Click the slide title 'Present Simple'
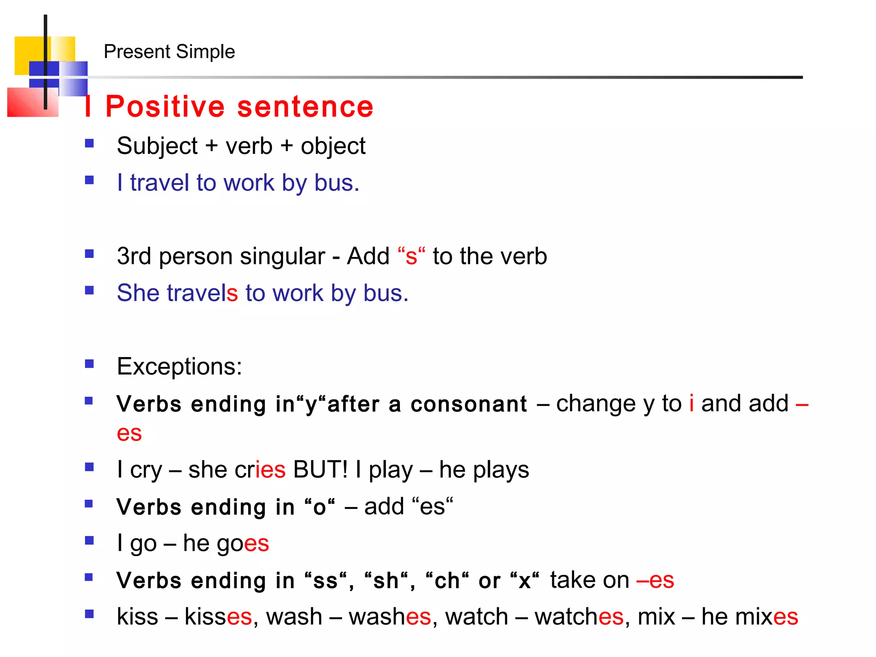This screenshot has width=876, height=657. pyautogui.click(x=169, y=52)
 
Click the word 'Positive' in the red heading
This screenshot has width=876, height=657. pyautogui.click(x=165, y=107)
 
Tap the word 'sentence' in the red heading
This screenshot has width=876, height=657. pyautogui.click(x=305, y=107)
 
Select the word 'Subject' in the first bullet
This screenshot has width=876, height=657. pyautogui.click(x=157, y=146)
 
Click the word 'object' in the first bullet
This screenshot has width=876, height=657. pyautogui.click(x=333, y=146)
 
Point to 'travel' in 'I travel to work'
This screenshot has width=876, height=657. pyautogui.click(x=159, y=183)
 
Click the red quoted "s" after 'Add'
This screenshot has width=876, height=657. pyautogui.click(x=411, y=256)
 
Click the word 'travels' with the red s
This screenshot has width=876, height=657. pyautogui.click(x=202, y=293)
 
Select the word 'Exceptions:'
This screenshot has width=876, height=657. pyautogui.click(x=179, y=367)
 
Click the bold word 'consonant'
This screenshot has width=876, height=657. pyautogui.click(x=469, y=404)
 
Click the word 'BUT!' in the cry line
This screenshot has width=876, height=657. pyautogui.click(x=320, y=470)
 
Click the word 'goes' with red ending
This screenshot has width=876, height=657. pyautogui.click(x=243, y=544)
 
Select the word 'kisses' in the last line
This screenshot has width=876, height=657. pyautogui.click(x=218, y=617)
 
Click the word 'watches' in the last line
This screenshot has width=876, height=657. pyautogui.click(x=579, y=617)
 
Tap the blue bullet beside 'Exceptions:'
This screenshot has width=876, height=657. pyautogui.click(x=89, y=364)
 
